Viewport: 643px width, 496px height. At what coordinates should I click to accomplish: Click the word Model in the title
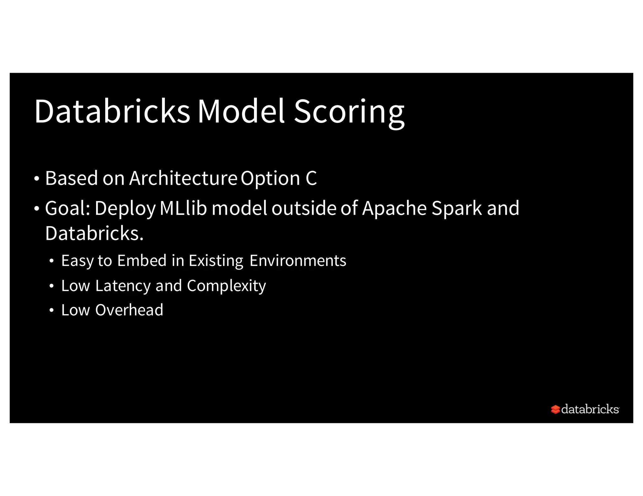(241, 111)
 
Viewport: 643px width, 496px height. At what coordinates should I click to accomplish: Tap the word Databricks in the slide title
(112, 111)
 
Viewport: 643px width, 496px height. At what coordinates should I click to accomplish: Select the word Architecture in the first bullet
(183, 178)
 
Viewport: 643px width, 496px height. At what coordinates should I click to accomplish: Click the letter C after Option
(311, 178)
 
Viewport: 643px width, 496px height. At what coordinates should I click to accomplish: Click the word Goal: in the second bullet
(68, 208)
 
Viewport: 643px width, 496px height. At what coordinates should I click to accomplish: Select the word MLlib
(183, 208)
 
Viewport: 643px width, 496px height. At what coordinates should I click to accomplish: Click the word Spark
(457, 209)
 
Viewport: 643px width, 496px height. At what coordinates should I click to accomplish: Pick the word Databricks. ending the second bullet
(94, 234)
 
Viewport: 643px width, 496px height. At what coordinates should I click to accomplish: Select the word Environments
(298, 261)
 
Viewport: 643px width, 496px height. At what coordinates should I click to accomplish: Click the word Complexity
(226, 286)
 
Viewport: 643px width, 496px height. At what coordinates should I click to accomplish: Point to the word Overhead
(129, 310)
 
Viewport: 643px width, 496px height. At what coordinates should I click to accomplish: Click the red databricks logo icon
(555, 409)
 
